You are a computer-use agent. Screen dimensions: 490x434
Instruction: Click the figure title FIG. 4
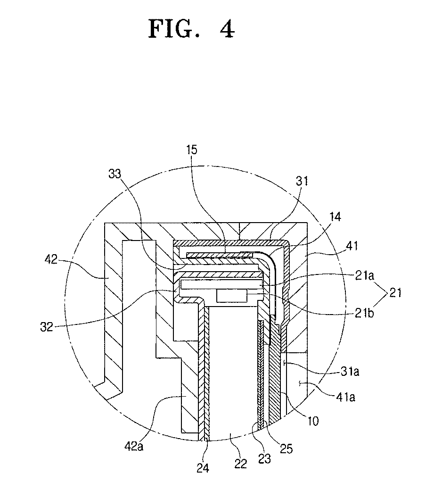pos(191,29)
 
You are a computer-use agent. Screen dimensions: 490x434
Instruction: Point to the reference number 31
pos(301,181)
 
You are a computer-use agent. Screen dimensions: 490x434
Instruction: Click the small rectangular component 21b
pos(231,296)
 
